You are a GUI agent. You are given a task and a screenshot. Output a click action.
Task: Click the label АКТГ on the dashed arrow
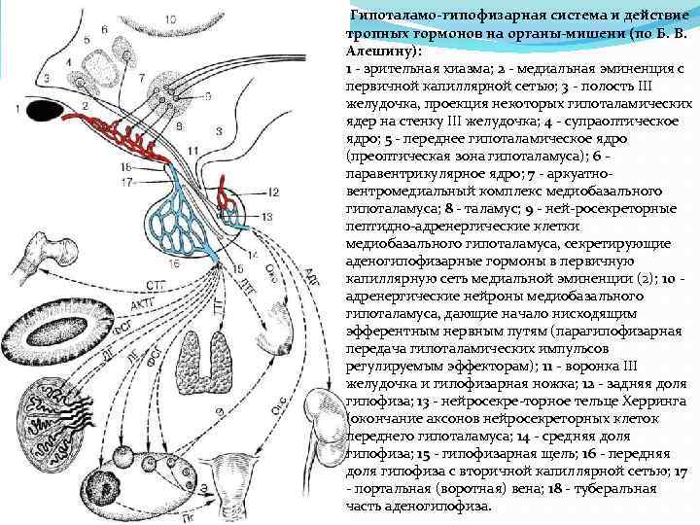pos(137,309)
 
